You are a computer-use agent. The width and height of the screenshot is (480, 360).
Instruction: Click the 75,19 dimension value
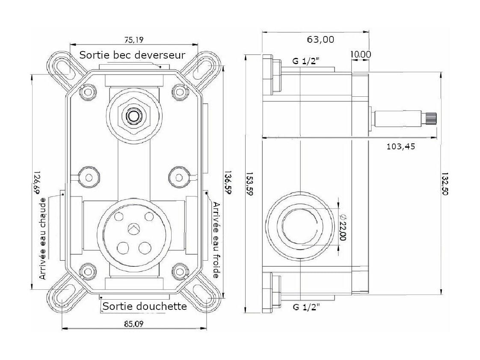(134, 40)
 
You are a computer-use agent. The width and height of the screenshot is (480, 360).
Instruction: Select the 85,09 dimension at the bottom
(134, 324)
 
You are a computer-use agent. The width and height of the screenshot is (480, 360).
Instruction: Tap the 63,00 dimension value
(320, 39)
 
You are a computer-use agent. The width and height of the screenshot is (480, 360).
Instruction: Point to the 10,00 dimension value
(361, 54)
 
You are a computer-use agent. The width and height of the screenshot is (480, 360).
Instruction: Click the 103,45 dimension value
(401, 146)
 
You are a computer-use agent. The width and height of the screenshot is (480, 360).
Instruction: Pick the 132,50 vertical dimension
(445, 183)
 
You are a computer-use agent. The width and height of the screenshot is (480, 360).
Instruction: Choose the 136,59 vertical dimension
(228, 183)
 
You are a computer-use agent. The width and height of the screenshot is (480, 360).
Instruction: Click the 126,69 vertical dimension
(37, 183)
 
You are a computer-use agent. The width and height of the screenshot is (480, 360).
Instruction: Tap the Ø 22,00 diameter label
(343, 227)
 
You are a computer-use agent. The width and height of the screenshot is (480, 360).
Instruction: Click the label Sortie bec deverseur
(132, 55)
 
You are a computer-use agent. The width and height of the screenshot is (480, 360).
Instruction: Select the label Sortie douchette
(145, 306)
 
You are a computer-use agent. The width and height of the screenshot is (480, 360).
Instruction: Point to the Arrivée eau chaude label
(43, 239)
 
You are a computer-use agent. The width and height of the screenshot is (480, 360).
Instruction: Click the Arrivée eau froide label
(216, 240)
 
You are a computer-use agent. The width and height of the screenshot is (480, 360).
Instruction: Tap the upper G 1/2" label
(306, 61)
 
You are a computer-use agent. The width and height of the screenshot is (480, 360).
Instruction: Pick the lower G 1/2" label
(306, 306)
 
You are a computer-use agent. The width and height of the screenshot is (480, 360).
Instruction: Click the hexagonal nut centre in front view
(133, 116)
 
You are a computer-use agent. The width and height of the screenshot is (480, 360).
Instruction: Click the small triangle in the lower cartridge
(134, 229)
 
